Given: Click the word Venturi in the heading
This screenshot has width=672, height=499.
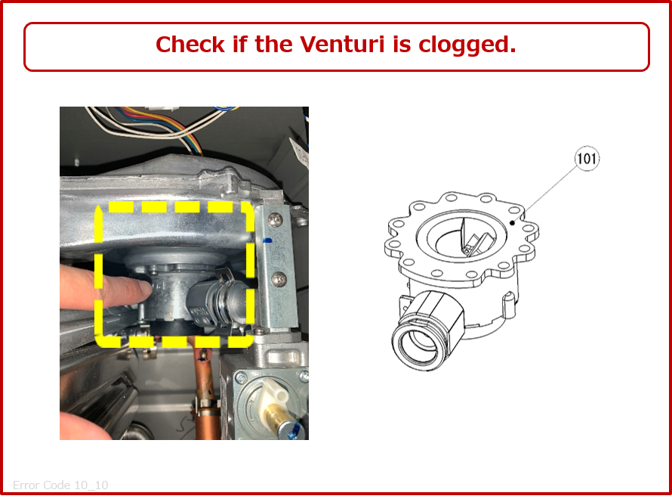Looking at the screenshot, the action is pyautogui.click(x=342, y=44).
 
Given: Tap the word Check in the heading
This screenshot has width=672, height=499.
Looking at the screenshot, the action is pyautogui.click(x=190, y=44).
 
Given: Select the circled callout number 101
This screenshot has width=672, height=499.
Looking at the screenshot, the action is pyautogui.click(x=587, y=159).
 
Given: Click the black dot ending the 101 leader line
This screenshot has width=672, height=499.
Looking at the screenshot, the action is pyautogui.click(x=512, y=223).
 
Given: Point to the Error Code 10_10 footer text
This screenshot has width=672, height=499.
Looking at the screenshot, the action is pyautogui.click(x=60, y=485).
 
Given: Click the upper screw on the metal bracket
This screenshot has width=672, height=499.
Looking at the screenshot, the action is pyautogui.click(x=275, y=221).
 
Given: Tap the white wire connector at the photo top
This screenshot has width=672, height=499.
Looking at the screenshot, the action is pyautogui.click(x=161, y=109).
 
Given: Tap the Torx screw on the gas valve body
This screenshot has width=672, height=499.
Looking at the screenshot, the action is pyautogui.click(x=242, y=378).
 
